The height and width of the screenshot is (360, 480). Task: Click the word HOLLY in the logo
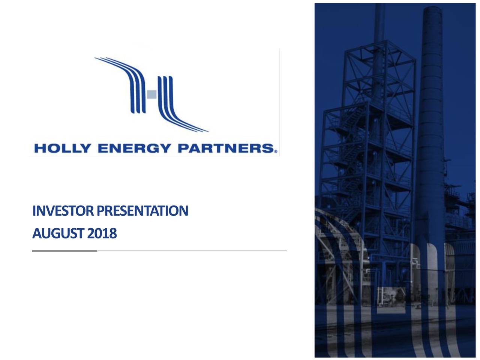62,148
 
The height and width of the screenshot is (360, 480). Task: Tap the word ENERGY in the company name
134,148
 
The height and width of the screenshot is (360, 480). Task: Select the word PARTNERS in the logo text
226,148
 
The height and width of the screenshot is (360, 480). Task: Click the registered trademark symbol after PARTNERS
276,151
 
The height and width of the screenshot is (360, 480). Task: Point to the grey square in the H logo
152,94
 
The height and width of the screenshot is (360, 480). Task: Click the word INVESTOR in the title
63,211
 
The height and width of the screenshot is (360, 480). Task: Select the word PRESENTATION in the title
142,211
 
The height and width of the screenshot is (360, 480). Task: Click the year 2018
102,234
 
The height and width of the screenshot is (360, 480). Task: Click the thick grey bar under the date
65,251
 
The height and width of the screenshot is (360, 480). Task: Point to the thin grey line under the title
192,251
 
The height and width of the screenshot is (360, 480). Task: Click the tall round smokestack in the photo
432,131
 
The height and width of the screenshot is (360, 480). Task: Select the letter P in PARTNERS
183,148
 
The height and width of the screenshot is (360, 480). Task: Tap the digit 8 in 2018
113,234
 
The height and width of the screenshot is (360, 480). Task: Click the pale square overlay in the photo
391,300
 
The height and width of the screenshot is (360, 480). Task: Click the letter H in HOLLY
39,148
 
